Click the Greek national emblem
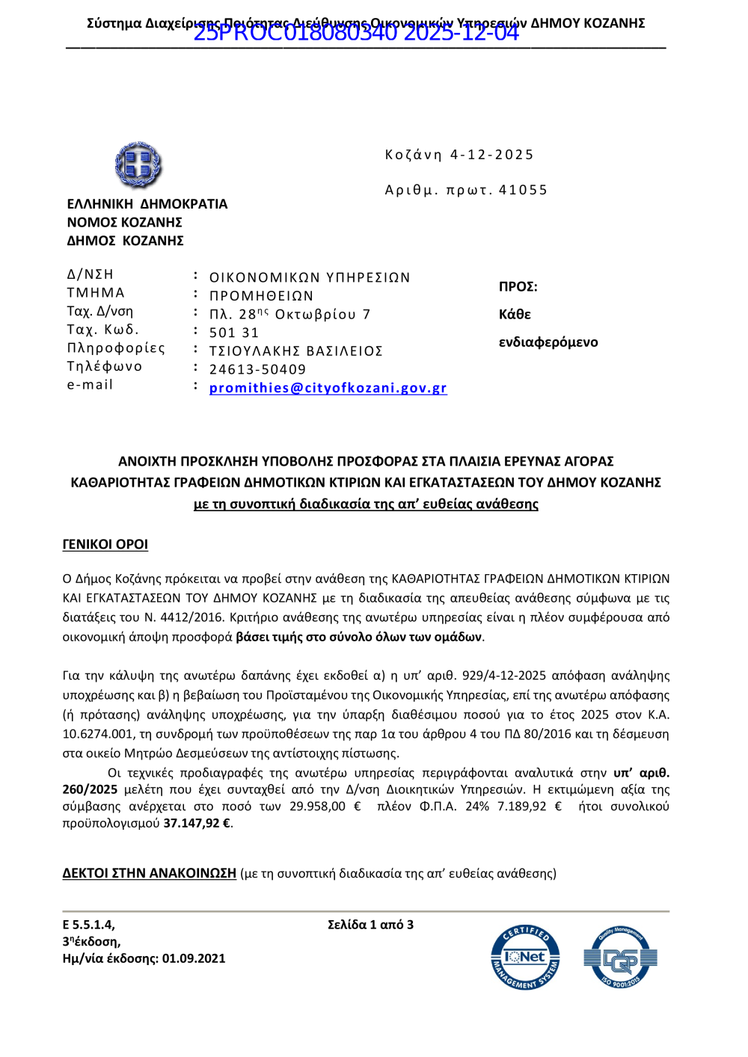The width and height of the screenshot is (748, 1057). (x=138, y=165)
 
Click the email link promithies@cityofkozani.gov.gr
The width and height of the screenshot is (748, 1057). (x=328, y=388)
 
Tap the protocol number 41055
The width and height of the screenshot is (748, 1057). (x=523, y=190)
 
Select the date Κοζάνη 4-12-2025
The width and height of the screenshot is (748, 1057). (x=459, y=155)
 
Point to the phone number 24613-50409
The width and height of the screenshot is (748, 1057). (x=257, y=369)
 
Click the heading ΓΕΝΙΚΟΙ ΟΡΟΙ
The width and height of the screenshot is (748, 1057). (x=105, y=544)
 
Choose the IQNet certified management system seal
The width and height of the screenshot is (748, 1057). (x=525, y=958)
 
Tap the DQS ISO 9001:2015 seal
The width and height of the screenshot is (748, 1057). (x=620, y=958)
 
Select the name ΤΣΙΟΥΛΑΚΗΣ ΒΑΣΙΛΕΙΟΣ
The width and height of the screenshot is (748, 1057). (x=295, y=351)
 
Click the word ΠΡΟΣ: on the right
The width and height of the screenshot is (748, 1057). (x=518, y=287)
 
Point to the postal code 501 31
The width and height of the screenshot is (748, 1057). (x=234, y=333)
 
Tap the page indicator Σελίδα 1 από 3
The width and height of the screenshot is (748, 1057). (x=370, y=925)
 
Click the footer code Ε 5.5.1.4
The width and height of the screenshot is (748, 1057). (x=88, y=925)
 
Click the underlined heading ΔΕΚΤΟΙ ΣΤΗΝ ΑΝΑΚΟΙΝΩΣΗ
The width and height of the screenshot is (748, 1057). (x=149, y=873)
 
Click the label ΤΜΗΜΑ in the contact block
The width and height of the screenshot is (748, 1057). (x=96, y=293)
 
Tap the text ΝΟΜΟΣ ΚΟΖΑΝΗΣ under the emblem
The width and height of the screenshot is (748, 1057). (x=124, y=222)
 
